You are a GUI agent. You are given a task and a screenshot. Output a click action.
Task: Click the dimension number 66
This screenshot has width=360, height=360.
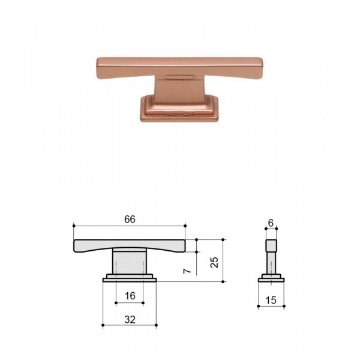click(x=130, y=219)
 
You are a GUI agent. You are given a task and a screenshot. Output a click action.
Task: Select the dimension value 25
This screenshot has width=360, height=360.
click(x=214, y=262)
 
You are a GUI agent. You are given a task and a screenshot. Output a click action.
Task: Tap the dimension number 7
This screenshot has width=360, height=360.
click(x=187, y=271)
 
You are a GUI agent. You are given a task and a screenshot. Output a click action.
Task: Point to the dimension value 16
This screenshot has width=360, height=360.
click(x=130, y=296)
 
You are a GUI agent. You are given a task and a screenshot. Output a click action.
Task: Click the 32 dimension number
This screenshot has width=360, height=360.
click(x=130, y=319)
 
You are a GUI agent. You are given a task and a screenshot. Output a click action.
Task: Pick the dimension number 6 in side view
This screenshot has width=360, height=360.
click(x=271, y=223)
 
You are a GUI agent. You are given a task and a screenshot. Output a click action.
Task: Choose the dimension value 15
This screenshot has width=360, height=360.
click(x=271, y=300)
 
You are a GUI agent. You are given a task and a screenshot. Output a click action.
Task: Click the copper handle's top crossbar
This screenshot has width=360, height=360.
click(x=179, y=67)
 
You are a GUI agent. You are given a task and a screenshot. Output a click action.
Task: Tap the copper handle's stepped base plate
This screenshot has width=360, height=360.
click(x=179, y=110)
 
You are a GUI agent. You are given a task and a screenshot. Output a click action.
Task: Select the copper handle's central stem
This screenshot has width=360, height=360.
click(x=179, y=89)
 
